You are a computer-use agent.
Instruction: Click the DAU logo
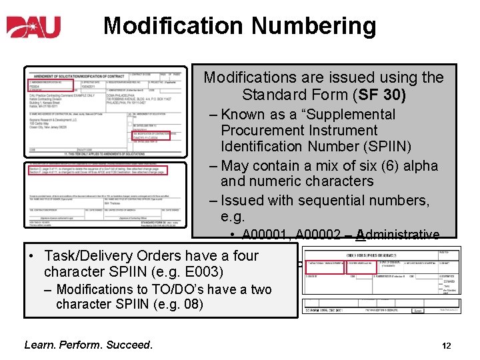click(x=34, y=27)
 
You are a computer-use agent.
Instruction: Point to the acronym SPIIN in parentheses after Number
click(x=413, y=146)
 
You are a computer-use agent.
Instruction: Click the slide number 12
click(x=447, y=346)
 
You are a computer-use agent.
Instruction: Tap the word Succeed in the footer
click(x=128, y=345)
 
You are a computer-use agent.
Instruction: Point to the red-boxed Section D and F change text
click(x=91, y=169)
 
